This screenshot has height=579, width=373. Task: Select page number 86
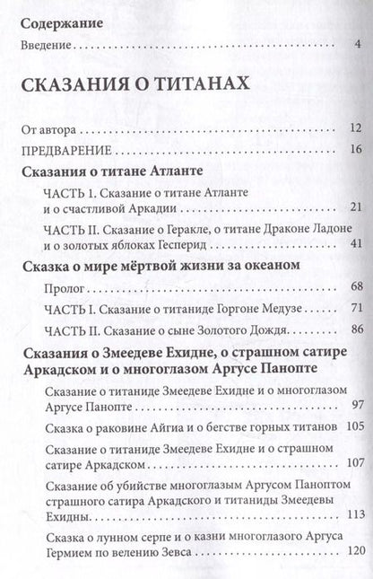(354, 330)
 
